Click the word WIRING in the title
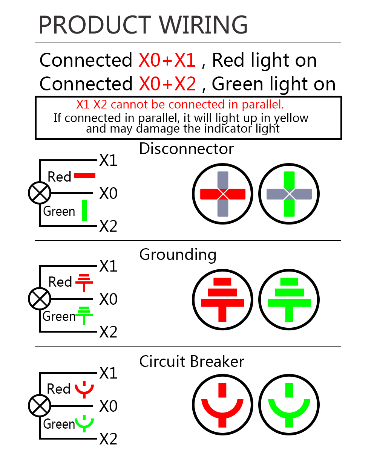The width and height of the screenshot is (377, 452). pyautogui.click(x=200, y=25)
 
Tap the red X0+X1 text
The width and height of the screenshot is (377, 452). pyautogui.click(x=167, y=60)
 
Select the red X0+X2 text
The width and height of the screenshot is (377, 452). pyautogui.click(x=167, y=84)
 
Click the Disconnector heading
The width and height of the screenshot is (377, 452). pyautogui.click(x=186, y=149)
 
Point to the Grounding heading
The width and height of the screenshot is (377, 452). pyautogui.click(x=178, y=255)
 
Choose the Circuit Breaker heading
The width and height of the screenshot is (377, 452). pyautogui.click(x=192, y=362)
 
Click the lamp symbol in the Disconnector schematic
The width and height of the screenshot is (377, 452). pyautogui.click(x=39, y=193)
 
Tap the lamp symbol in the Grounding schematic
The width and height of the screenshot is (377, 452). pyautogui.click(x=39, y=299)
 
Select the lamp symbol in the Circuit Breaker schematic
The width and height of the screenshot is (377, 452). pyautogui.click(x=39, y=406)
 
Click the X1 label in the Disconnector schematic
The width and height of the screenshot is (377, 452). pyautogui.click(x=109, y=161)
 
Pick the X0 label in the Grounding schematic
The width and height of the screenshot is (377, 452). pyautogui.click(x=109, y=299)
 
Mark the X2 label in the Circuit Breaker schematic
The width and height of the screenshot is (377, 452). pyautogui.click(x=109, y=439)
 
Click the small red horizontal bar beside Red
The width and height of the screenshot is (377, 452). pyautogui.click(x=85, y=176)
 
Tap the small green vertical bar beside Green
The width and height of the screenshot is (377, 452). pyautogui.click(x=85, y=210)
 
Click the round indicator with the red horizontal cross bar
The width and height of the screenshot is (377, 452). pyautogui.click(x=223, y=194)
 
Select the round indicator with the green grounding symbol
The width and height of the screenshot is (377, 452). pyautogui.click(x=289, y=300)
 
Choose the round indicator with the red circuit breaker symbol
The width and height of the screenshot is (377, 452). pyautogui.click(x=223, y=405)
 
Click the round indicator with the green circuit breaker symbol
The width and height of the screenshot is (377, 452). pyautogui.click(x=289, y=405)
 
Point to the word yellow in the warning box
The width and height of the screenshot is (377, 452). pyautogui.click(x=291, y=118)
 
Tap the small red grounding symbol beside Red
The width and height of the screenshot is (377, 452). pyautogui.click(x=84, y=283)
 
